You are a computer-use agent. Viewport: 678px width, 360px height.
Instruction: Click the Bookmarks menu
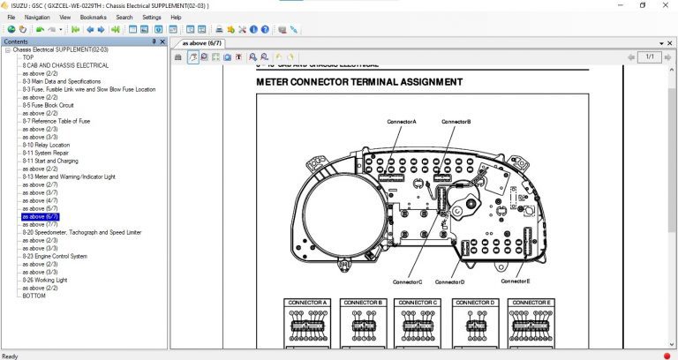93,17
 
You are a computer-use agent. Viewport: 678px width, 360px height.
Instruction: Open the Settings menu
151,17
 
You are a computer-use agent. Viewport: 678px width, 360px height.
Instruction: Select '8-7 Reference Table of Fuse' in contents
56,121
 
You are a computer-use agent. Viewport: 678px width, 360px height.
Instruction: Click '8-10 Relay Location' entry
46,145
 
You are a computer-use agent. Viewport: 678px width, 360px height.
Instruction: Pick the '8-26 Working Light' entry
44,280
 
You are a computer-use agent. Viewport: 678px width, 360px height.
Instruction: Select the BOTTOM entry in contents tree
34,296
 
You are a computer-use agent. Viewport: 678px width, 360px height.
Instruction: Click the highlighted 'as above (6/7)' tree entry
41,216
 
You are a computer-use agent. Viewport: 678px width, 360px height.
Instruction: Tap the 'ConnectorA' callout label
401,121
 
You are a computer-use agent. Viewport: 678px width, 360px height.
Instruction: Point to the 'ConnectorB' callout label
456,121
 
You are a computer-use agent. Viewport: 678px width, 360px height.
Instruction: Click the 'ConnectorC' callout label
407,281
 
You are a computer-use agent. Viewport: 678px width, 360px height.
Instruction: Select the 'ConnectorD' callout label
449,281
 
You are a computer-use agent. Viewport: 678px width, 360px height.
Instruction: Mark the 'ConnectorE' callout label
515,281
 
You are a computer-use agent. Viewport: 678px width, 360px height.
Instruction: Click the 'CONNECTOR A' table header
308,303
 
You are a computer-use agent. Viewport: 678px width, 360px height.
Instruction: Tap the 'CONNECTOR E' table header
531,303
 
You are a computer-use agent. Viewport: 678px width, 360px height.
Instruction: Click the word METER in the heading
274,82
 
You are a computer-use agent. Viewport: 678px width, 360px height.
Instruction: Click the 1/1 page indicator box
649,56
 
